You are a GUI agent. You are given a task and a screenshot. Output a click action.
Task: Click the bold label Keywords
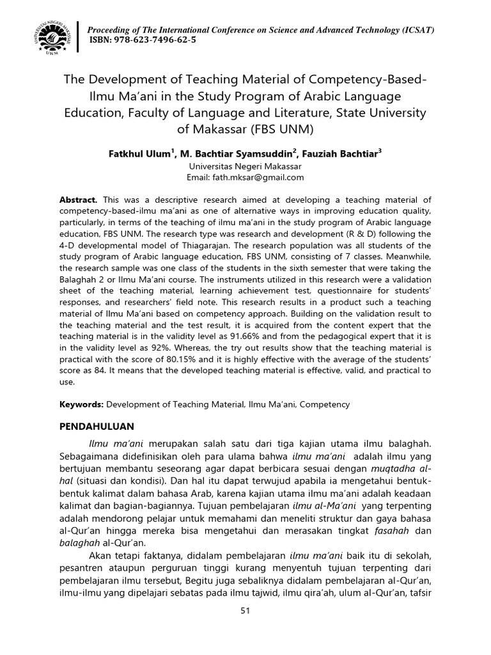click(x=81, y=405)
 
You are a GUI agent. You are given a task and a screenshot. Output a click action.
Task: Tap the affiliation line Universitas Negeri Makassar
click(x=245, y=166)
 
